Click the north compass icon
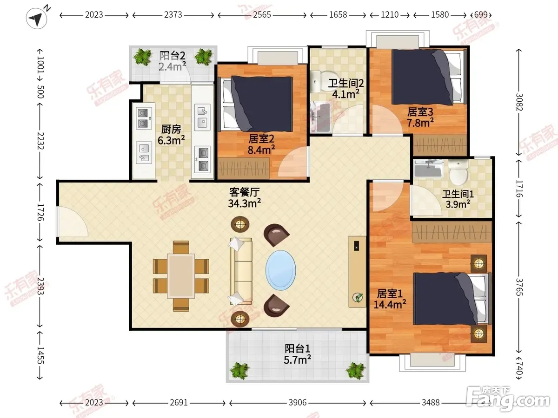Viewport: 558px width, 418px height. (37, 18)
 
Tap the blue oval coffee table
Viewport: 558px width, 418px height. (281, 270)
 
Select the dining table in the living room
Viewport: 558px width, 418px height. (181, 276)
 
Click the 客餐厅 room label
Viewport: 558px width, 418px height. (245, 192)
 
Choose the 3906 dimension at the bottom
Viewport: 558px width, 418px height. (298, 403)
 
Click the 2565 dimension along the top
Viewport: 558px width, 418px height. (262, 15)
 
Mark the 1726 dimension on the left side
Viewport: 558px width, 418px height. (40, 212)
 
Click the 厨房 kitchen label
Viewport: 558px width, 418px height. (171, 130)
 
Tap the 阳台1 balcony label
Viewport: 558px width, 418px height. (298, 349)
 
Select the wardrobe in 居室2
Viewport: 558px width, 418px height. (244, 168)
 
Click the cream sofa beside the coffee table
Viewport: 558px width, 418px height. (240, 271)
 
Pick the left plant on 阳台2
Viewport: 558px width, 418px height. (143, 57)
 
